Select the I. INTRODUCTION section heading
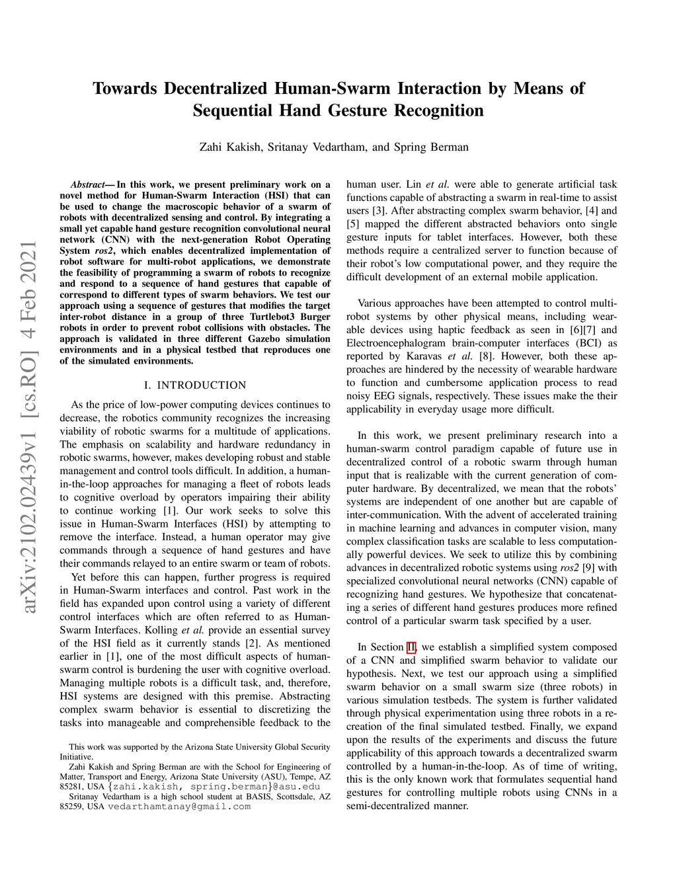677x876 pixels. pyautogui.click(x=195, y=385)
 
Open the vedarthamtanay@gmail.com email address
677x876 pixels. pyautogui.click(x=179, y=807)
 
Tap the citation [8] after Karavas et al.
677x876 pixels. pyautogui.click(x=480, y=356)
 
